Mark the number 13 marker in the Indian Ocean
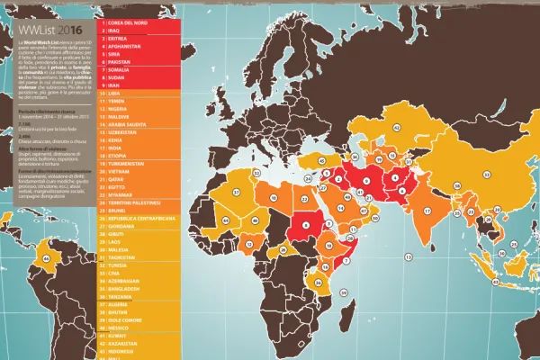(407, 257)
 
